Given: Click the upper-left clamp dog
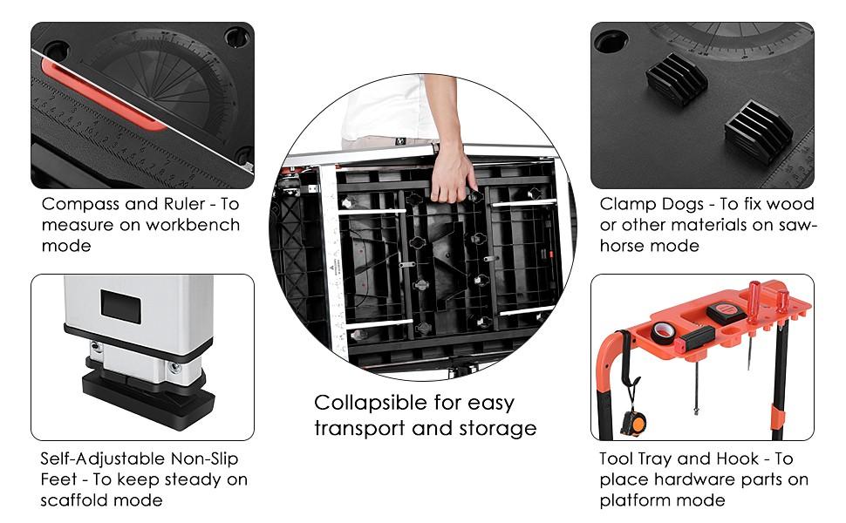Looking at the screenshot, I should pos(677,78).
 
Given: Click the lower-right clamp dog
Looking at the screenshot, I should pos(758,131).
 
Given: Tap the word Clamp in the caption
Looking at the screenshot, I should pos(625,204).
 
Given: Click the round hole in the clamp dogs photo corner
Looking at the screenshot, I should pos(611,41).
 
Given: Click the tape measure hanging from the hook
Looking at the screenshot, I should pos(633,424).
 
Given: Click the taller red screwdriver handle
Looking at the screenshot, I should pos(755,297).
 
